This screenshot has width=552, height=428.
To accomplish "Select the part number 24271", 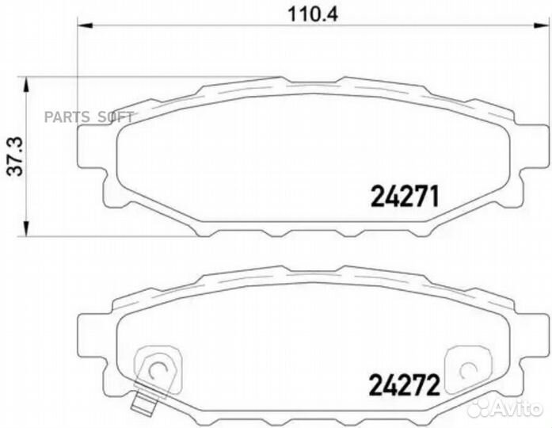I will click(404, 196).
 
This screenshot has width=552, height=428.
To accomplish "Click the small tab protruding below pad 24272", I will click(143, 403).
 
